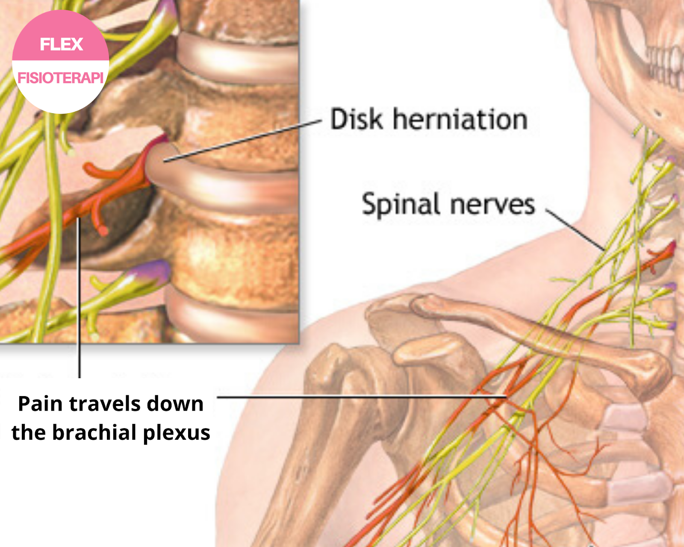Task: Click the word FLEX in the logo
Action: [61, 44]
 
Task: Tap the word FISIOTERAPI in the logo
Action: [60, 78]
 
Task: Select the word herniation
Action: [460, 119]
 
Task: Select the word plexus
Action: [177, 433]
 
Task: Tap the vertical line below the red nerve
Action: [79, 299]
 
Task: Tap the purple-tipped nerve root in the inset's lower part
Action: [152, 272]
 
